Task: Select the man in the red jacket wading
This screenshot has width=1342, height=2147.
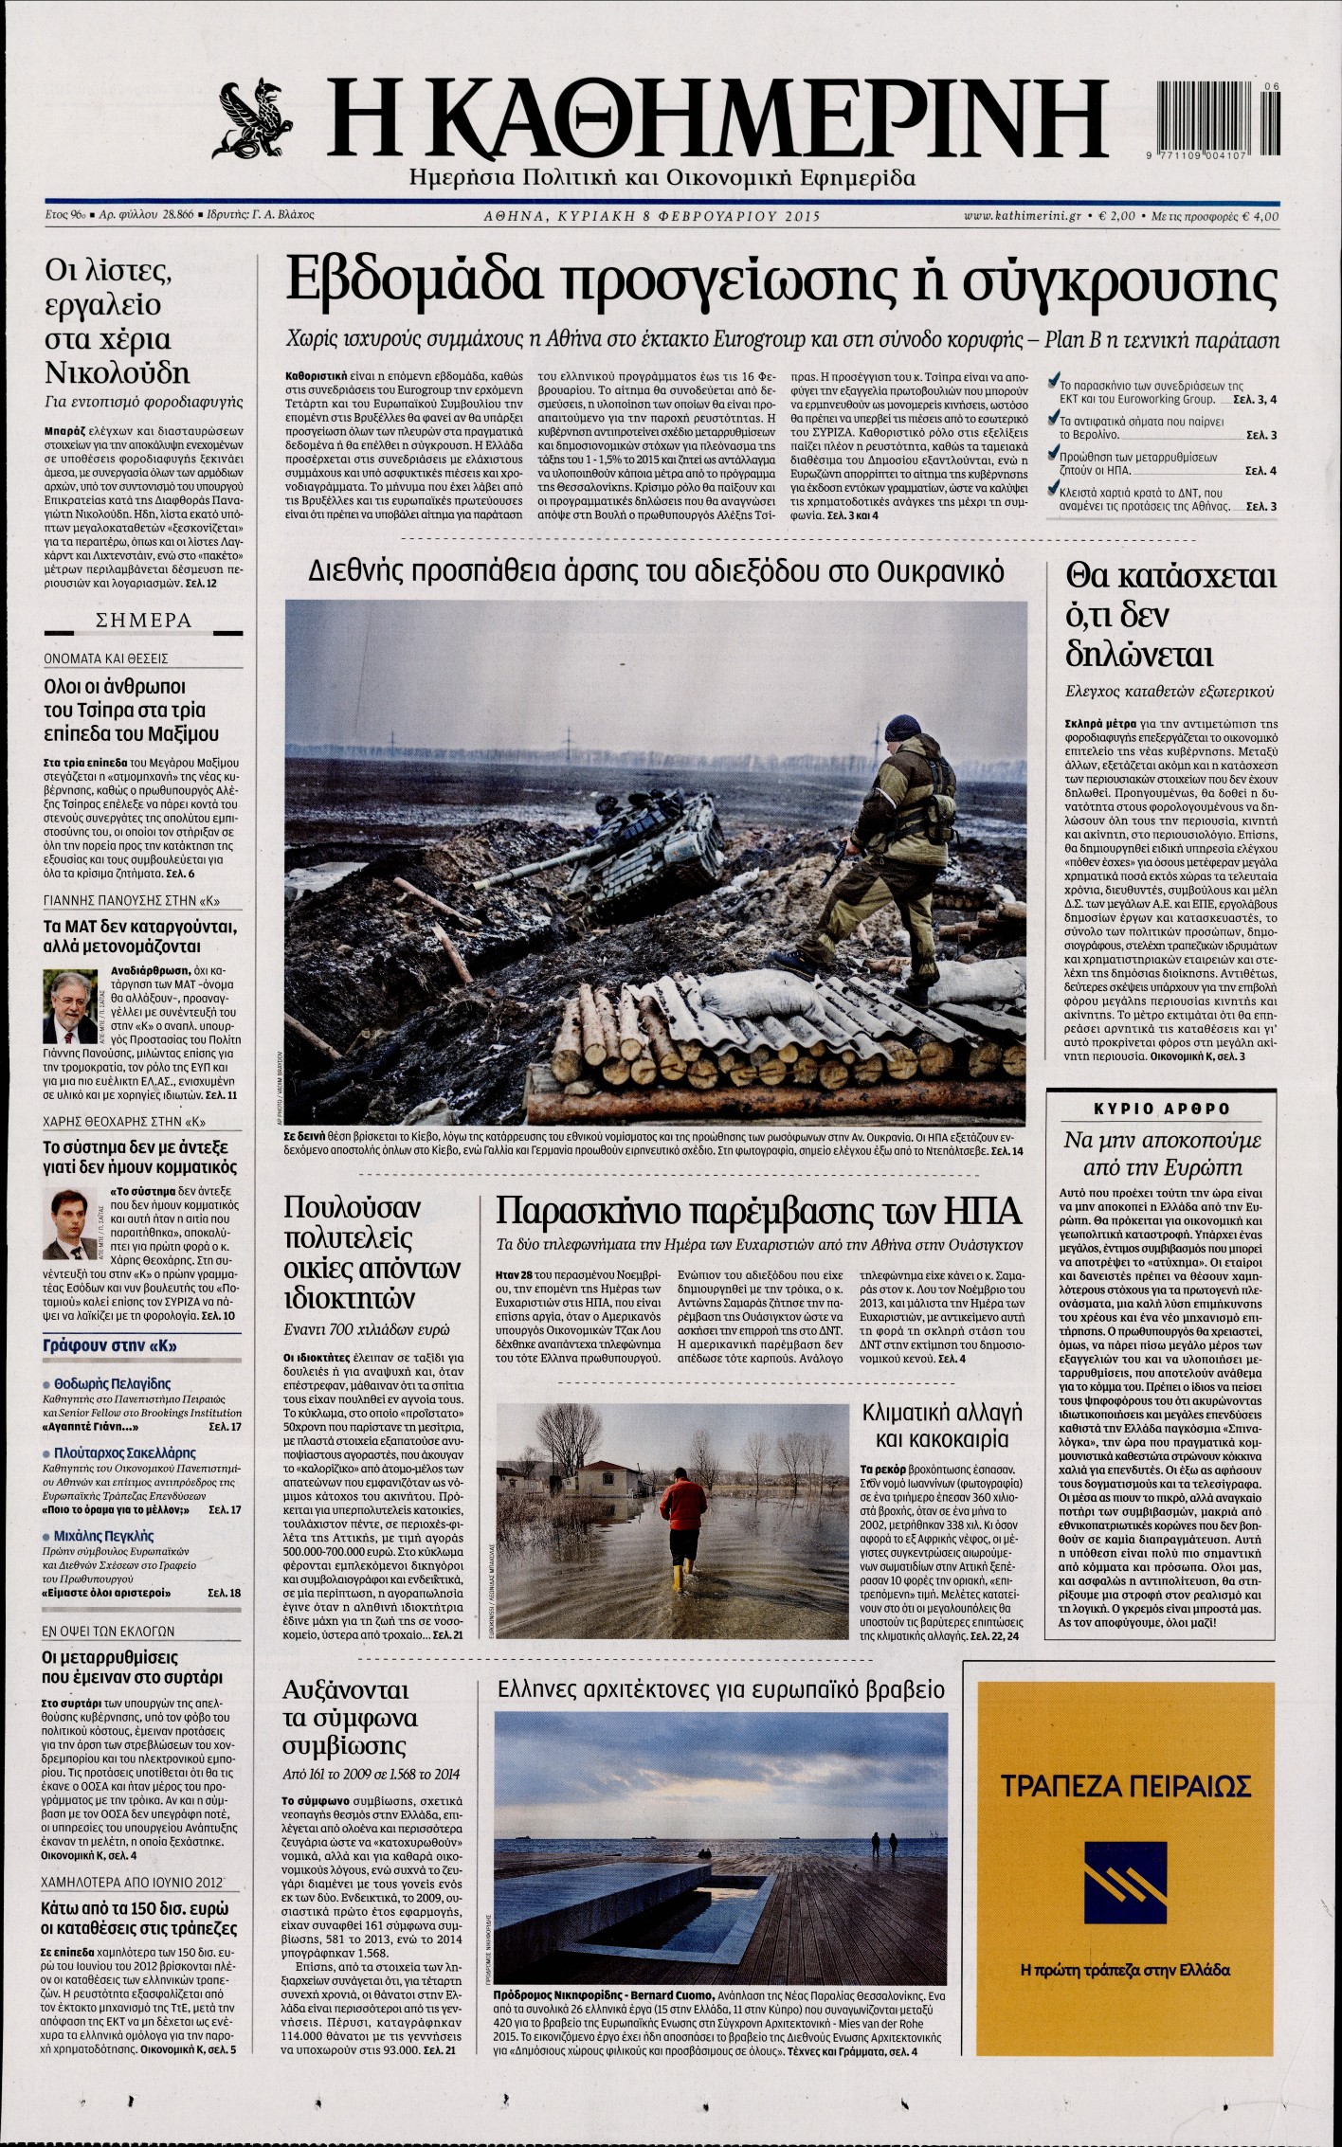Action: (x=682, y=1513)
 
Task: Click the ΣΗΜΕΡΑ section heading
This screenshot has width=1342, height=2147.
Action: (x=145, y=622)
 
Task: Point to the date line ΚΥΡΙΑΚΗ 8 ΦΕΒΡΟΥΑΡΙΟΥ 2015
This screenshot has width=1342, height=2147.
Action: (x=650, y=216)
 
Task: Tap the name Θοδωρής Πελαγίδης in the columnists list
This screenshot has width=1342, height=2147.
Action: (x=113, y=1383)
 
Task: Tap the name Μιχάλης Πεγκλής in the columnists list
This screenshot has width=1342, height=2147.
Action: (x=104, y=1536)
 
